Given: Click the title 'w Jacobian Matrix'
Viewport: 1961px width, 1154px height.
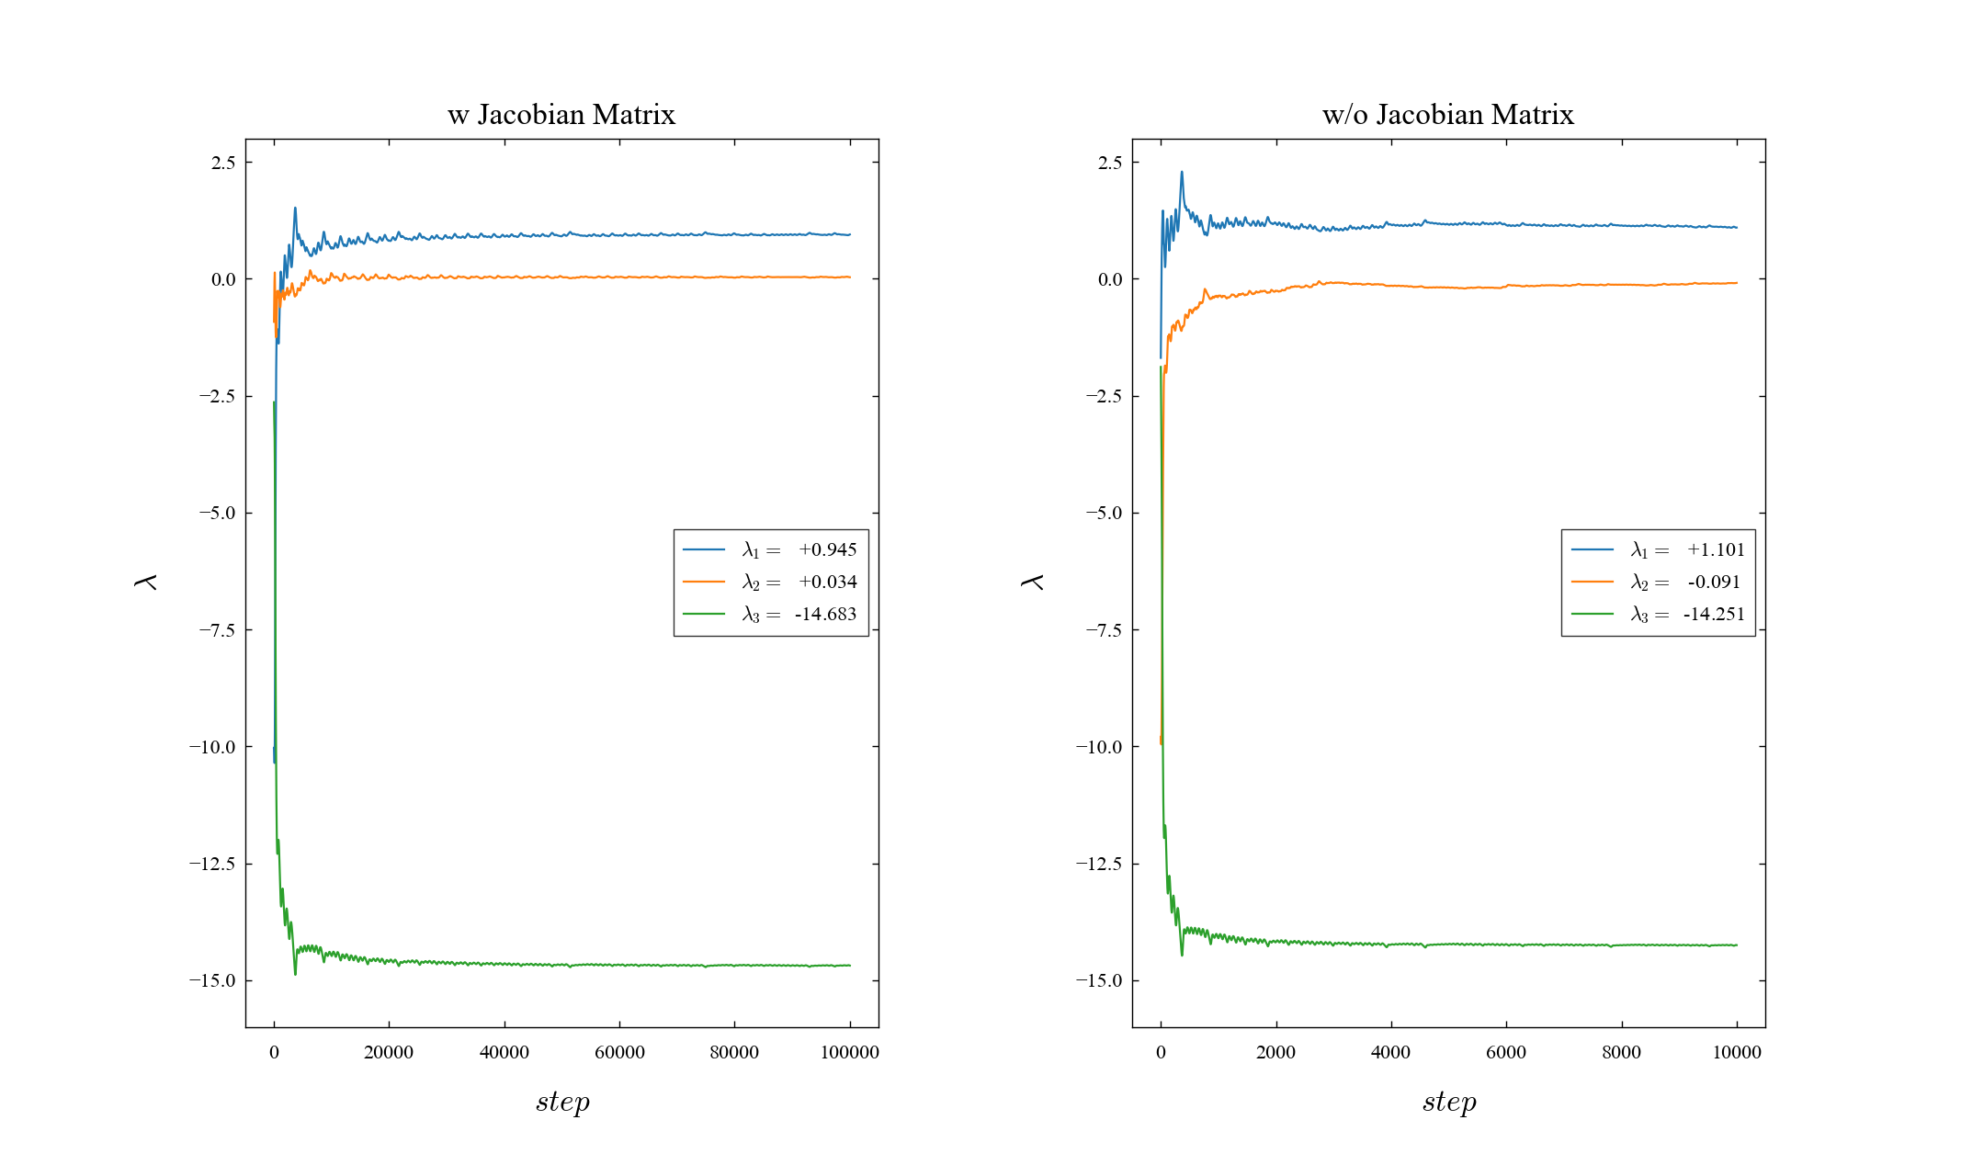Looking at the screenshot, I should click(561, 115).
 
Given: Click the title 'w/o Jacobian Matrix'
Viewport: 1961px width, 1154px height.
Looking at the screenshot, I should click(1447, 115).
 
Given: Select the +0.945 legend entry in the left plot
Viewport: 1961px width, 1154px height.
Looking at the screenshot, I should click(799, 549).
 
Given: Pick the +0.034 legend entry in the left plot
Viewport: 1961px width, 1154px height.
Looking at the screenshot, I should click(799, 582).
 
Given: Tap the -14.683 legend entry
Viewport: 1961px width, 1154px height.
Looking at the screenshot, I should click(799, 614).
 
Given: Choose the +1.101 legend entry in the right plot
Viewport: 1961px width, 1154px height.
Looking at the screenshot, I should click(1687, 549).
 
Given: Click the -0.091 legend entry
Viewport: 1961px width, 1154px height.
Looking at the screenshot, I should click(1687, 582).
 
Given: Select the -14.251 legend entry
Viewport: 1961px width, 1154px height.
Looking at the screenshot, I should click(1687, 614).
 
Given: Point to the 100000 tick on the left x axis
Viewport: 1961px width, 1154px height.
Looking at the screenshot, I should click(849, 1052).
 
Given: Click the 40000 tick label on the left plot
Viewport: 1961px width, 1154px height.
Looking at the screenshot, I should click(504, 1052).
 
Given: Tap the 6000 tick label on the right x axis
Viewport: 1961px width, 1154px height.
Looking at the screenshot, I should click(1505, 1052).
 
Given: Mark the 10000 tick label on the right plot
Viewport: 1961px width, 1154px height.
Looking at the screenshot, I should click(1736, 1052).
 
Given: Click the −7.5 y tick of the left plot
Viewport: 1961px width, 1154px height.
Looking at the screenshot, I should click(217, 630).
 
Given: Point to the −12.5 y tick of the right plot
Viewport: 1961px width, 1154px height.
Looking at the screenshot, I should click(1104, 864).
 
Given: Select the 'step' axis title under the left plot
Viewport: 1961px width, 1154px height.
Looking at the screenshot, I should click(562, 1101).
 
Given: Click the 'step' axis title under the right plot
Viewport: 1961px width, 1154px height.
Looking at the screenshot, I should click(1449, 1101).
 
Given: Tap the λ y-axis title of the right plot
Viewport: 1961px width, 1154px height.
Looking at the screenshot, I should click(1032, 582).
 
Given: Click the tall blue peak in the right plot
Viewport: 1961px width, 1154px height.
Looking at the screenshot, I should click(1182, 173).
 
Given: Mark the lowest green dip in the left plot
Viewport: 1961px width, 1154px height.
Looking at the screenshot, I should click(295, 973).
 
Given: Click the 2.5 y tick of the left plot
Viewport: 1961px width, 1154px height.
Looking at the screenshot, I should click(223, 163).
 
